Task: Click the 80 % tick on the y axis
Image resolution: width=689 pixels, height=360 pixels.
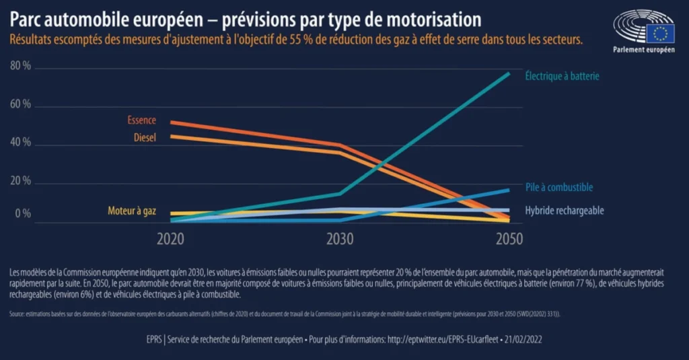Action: coord(21,66)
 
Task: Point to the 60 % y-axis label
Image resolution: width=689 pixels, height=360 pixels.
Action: coord(21,105)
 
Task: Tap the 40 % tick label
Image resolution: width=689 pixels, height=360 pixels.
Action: coord(21,143)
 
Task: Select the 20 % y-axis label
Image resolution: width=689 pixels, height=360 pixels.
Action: coord(21,181)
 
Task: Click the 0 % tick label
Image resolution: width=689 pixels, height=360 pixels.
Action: coord(24,214)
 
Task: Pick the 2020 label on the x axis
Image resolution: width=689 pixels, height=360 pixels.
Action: coord(172,238)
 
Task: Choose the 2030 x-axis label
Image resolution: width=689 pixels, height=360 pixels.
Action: coord(340,238)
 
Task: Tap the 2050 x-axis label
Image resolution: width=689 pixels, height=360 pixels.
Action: coord(508,238)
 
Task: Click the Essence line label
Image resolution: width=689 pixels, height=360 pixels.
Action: coord(141,120)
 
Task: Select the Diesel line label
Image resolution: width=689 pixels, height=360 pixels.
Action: coord(145,137)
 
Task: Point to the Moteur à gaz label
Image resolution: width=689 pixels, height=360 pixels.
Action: coord(132,211)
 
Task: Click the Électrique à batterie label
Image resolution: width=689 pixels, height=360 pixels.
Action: coord(562,76)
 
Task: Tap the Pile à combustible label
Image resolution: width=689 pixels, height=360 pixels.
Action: coord(558,188)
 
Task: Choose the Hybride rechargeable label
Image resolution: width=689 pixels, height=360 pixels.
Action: coord(564,211)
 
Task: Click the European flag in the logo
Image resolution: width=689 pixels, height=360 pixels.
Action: coord(660,33)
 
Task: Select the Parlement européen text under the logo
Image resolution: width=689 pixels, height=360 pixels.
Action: coord(643,50)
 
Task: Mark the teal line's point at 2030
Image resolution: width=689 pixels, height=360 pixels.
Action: coord(340,194)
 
